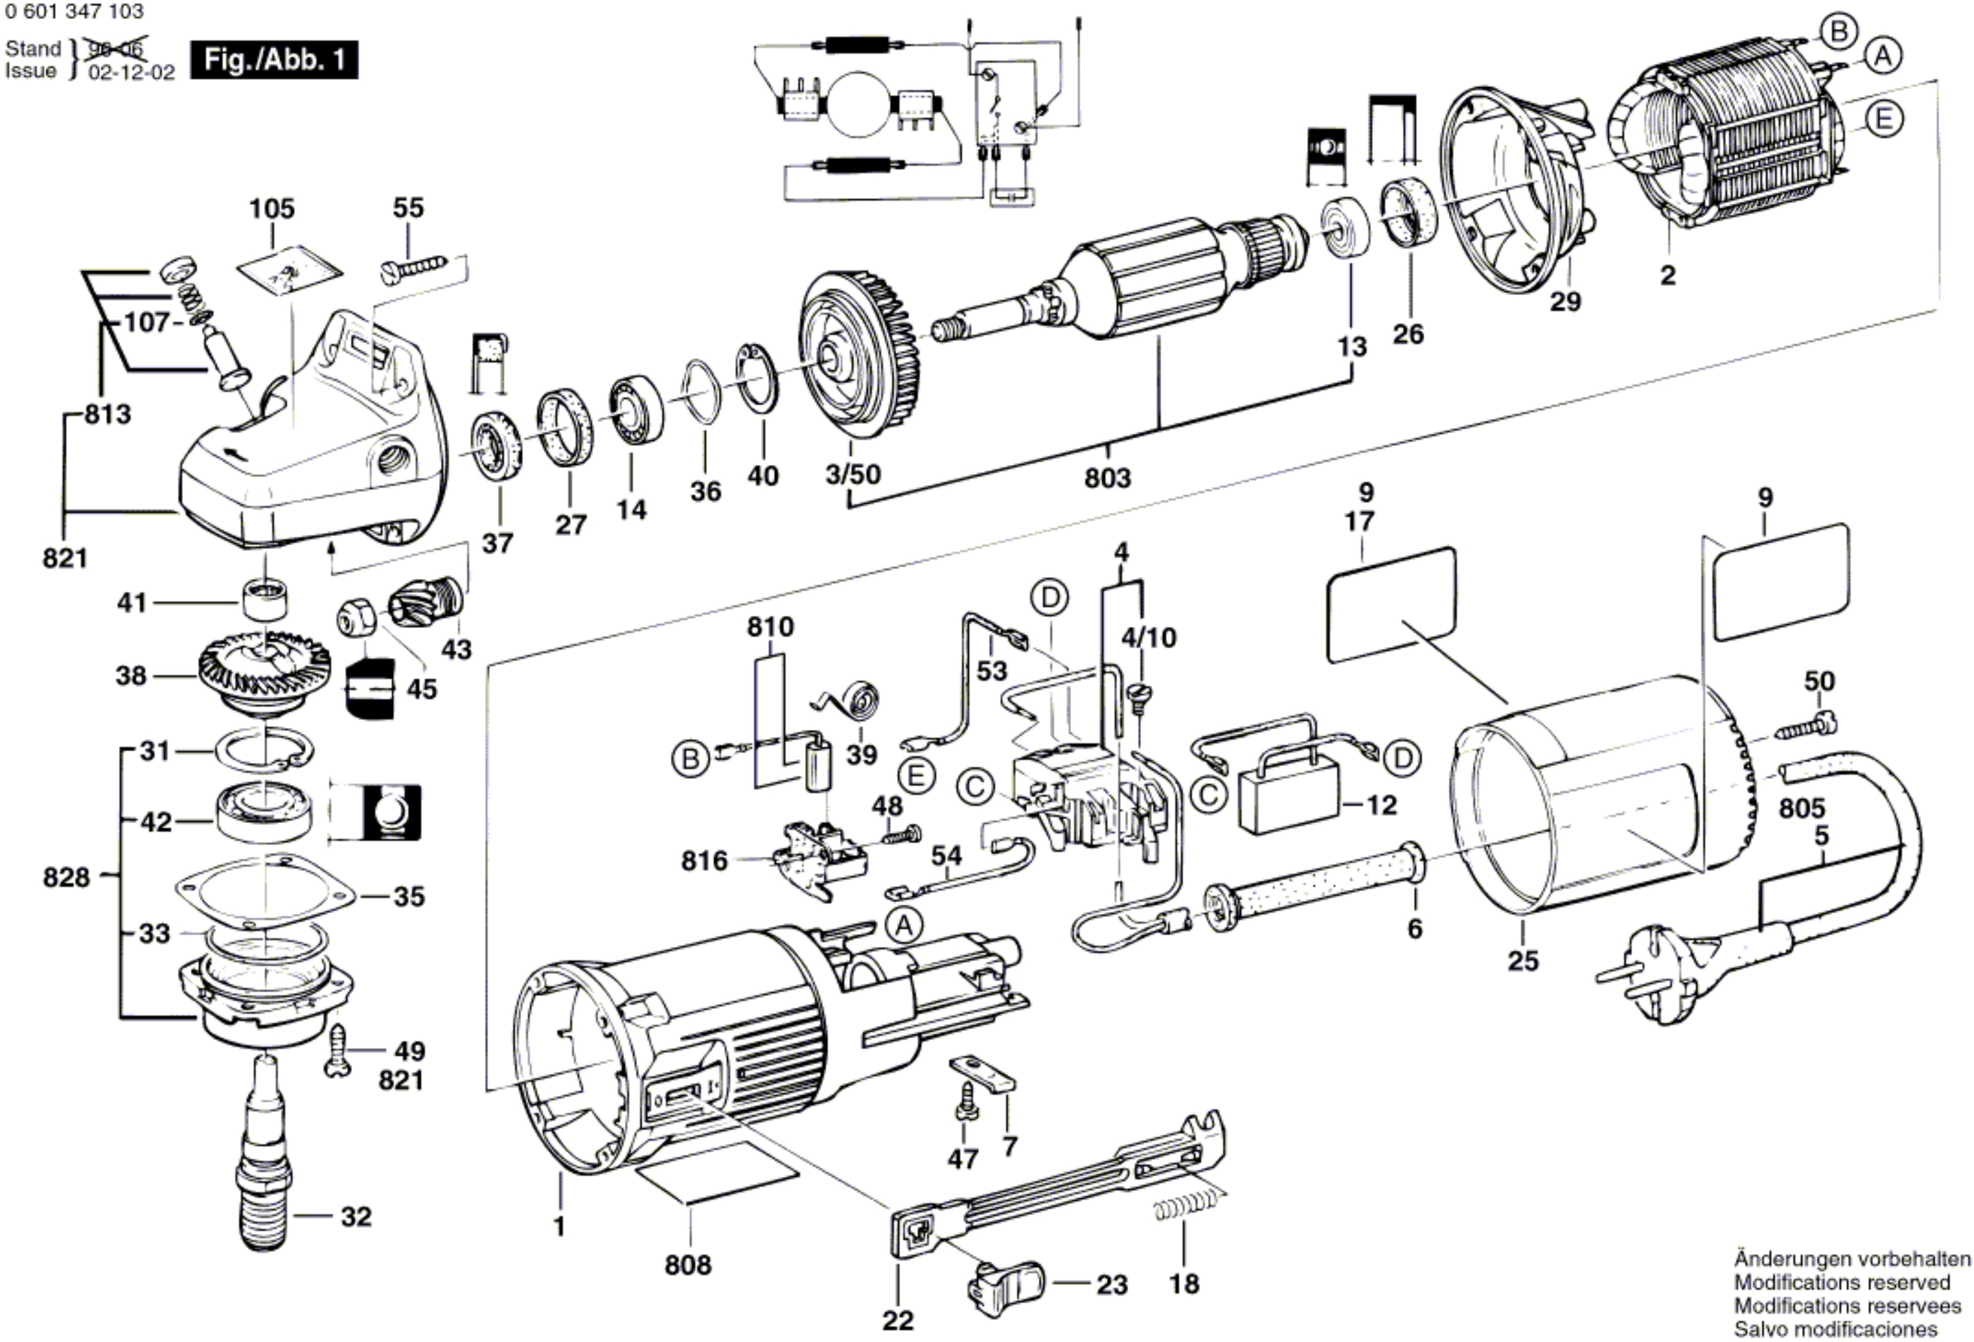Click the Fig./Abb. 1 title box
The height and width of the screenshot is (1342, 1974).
click(274, 60)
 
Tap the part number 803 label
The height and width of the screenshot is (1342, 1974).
click(1107, 478)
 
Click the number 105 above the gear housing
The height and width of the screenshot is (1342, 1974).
click(272, 208)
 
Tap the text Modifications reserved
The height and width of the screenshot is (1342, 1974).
click(1842, 1305)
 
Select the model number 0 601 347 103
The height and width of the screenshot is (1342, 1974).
click(75, 12)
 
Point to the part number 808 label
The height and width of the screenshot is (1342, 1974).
click(688, 1265)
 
